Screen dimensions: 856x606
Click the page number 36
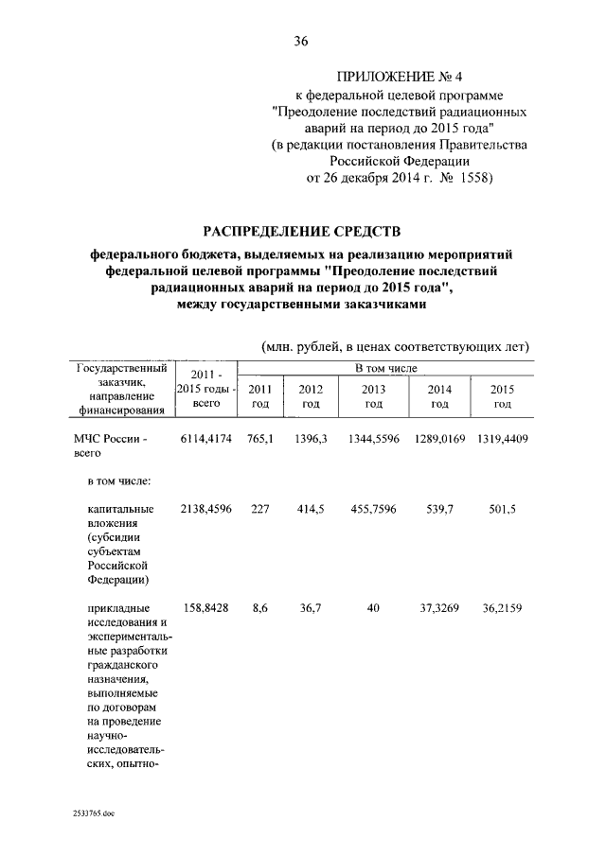[302, 41]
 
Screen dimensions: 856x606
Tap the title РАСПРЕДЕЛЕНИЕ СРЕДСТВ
[302, 231]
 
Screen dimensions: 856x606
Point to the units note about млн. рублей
[394, 346]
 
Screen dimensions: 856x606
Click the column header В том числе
[385, 367]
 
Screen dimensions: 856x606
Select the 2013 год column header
[374, 396]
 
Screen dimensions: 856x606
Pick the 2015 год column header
[502, 396]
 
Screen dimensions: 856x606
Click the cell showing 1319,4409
[502, 441]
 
